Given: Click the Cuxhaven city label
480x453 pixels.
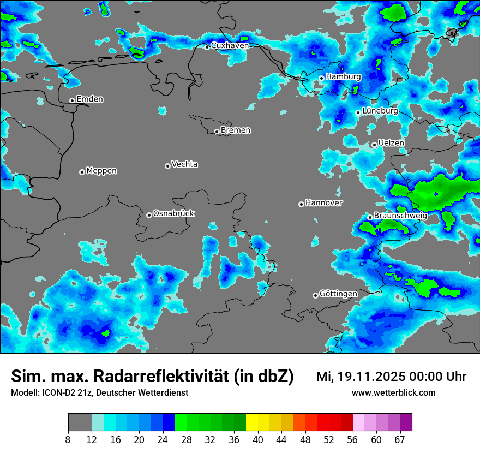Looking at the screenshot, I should tap(230, 45).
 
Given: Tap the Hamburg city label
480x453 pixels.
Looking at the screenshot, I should tap(343, 77).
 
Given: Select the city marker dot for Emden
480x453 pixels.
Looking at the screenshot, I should tap(72, 100).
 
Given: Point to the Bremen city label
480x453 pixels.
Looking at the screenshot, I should tap(236, 130).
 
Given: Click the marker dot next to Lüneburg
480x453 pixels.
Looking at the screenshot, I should tap(358, 112).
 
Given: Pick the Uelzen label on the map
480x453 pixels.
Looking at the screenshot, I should tap(391, 143).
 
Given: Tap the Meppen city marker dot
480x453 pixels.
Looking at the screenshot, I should tap(82, 172).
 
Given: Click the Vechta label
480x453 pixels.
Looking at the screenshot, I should tap(184, 164).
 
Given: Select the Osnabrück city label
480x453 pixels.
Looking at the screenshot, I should tap(173, 213).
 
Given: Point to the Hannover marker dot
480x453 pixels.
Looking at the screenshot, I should tap(301, 205).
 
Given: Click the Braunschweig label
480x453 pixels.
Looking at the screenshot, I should tap(400, 216).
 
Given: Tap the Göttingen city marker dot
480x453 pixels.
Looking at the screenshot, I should tap(315, 296).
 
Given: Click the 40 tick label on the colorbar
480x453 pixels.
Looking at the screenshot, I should tap(258, 439).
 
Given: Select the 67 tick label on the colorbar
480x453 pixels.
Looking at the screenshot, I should tap(400, 439).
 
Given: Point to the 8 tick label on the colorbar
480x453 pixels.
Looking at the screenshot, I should tap(69, 439).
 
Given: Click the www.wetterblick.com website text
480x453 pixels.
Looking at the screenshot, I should tap(393, 393).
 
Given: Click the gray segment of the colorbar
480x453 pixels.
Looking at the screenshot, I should tap(80, 422).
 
